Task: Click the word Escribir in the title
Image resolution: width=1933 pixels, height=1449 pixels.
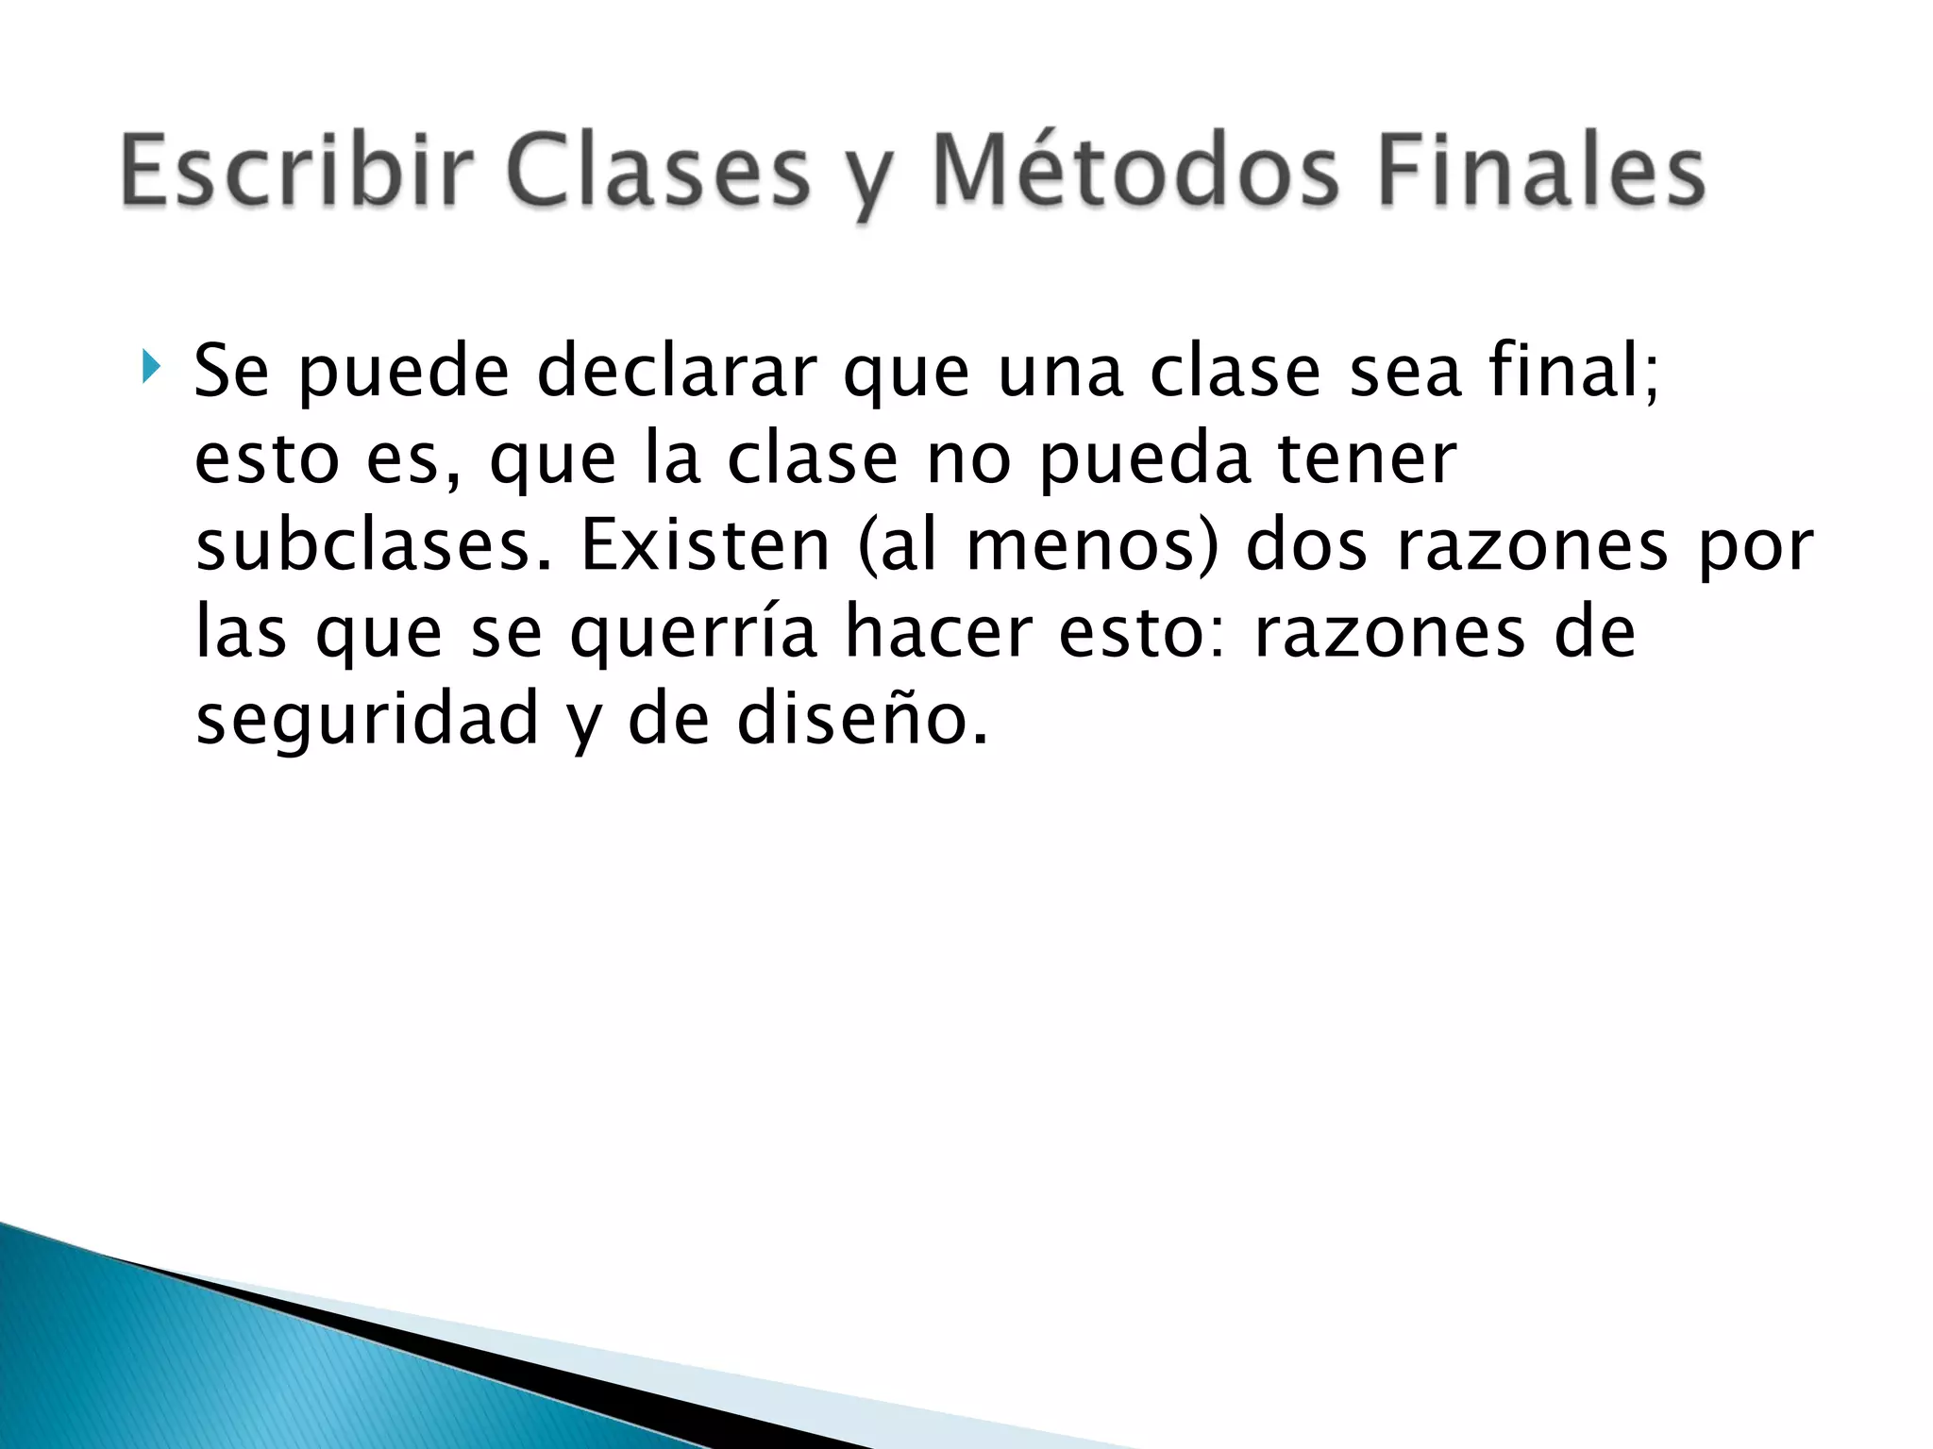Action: (296, 171)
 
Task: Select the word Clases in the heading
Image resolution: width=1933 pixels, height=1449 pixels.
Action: (659, 171)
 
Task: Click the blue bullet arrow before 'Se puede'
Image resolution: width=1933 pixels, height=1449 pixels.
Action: (150, 366)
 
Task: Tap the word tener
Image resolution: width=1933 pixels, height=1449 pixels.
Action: (1368, 459)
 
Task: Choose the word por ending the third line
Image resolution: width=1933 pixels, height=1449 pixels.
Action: (1757, 547)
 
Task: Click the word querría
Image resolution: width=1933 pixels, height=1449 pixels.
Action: (694, 633)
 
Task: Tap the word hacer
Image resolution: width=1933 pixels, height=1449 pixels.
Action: (938, 632)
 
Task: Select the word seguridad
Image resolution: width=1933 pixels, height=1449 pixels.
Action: (367, 720)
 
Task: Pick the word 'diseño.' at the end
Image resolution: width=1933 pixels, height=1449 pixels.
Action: (863, 719)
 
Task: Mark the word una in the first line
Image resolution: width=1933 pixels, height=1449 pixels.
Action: (1060, 371)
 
